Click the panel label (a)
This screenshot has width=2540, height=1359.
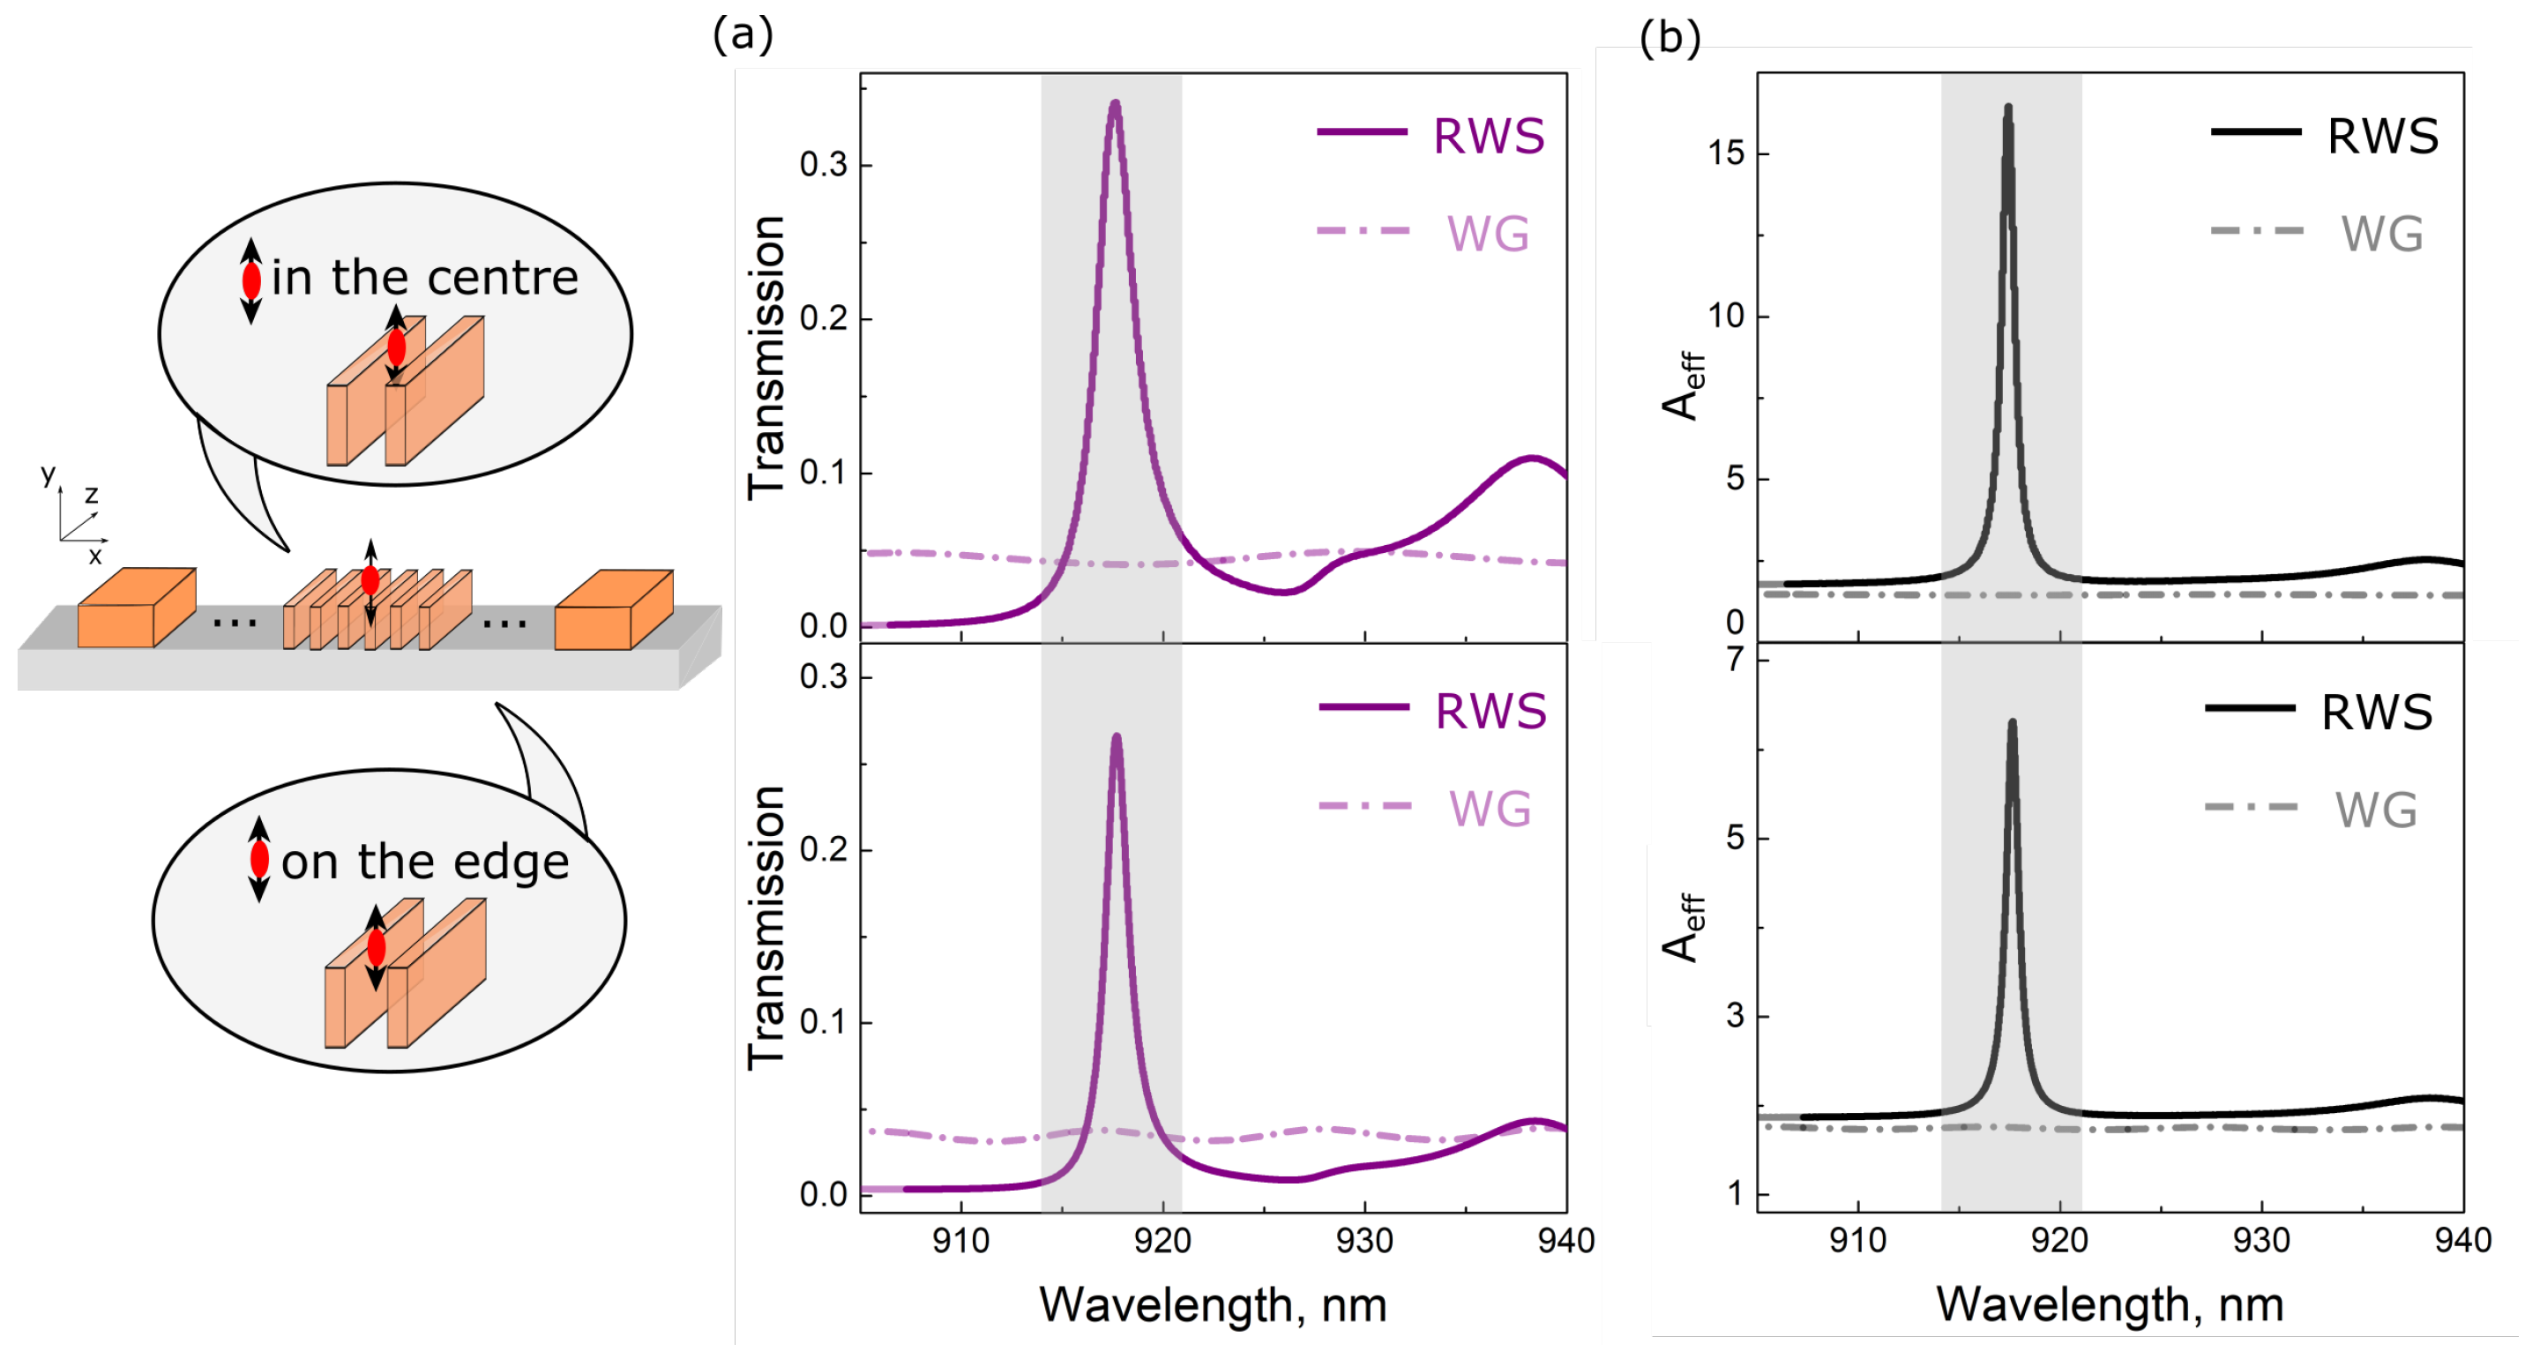click(743, 35)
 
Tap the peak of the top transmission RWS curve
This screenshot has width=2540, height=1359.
click(1115, 103)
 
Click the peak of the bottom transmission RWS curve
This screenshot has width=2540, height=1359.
click(1117, 736)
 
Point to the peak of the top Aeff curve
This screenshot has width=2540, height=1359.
click(2007, 108)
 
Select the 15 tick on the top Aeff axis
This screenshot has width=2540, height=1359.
click(1726, 153)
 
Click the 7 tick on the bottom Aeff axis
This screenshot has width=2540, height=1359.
click(1737, 659)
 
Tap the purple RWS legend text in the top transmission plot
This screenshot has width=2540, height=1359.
click(1488, 137)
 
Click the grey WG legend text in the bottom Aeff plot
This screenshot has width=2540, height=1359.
click(2375, 810)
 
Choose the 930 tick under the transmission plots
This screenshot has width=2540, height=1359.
click(1364, 1241)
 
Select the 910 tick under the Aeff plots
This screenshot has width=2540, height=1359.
click(1857, 1241)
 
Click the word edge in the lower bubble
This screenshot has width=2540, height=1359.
click(523, 863)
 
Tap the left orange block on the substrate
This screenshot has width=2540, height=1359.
click(136, 609)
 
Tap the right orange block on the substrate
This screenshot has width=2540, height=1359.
click(613, 610)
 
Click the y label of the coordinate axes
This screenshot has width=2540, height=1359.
click(48, 474)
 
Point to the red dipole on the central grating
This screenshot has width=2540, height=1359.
click(370, 581)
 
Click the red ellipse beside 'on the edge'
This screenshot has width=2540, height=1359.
click(259, 859)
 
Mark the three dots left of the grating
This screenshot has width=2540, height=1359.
click(235, 623)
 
